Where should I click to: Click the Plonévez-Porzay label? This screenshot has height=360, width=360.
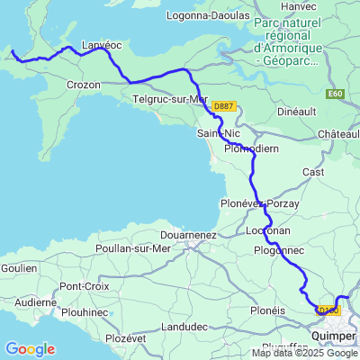259,204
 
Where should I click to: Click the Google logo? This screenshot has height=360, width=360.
30,348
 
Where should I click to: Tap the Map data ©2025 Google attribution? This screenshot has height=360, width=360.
304,353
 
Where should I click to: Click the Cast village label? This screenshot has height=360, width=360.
313,171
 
